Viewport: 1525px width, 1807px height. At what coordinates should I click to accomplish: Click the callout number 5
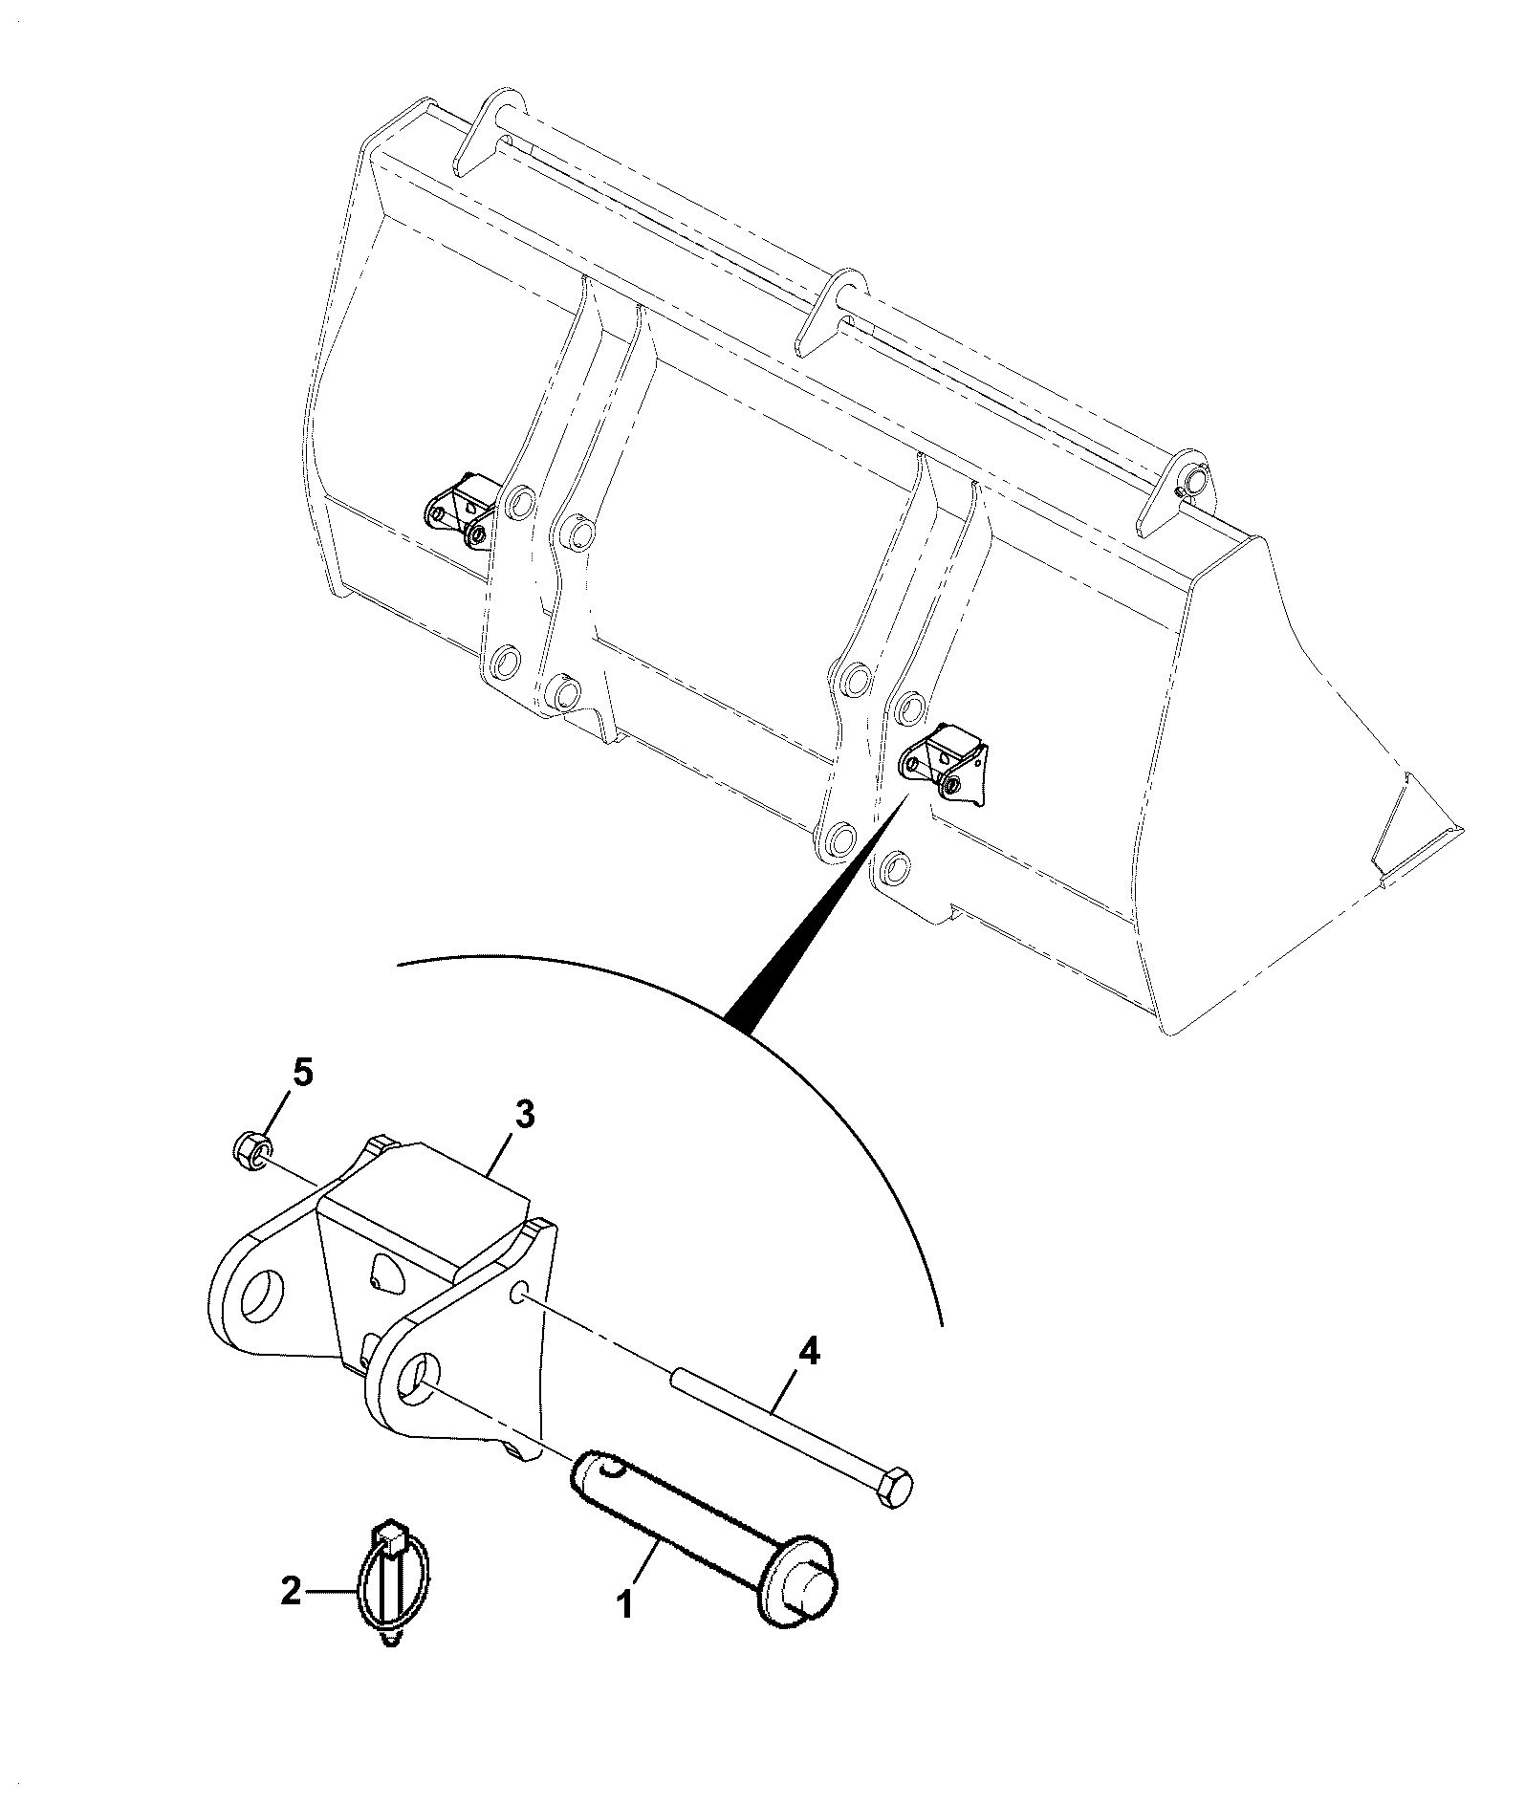[301, 1074]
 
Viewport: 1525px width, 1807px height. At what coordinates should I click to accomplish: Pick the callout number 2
[291, 1591]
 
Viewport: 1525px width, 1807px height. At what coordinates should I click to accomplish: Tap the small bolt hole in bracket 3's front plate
[518, 1295]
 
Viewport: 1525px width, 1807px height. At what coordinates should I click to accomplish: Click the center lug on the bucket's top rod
[832, 311]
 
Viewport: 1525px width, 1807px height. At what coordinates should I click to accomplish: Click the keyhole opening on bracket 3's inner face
[385, 1274]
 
